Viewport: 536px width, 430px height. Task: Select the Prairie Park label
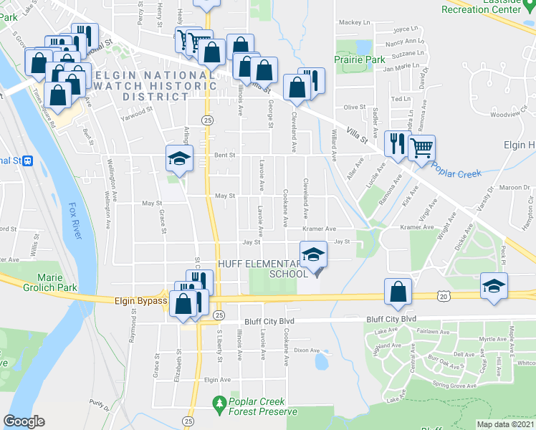pyautogui.click(x=357, y=60)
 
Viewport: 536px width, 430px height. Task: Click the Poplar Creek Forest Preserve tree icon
pyautogui.click(x=220, y=406)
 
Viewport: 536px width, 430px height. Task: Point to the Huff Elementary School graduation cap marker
pyautogui.click(x=313, y=255)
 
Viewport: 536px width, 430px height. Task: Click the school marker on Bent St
pyautogui.click(x=178, y=158)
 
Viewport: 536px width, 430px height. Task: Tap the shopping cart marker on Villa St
pyautogui.click(x=422, y=147)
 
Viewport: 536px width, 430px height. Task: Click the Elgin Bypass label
pyautogui.click(x=140, y=301)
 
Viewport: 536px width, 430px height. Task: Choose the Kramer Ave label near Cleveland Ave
pyautogui.click(x=319, y=229)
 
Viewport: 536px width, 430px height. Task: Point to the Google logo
pyautogui.click(x=24, y=421)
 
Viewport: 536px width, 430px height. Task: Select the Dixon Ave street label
pyautogui.click(x=306, y=350)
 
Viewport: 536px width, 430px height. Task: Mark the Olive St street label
pyautogui.click(x=355, y=107)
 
